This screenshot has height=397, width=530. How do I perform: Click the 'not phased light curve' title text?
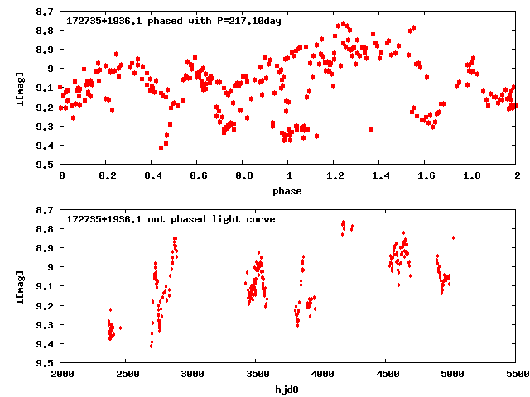coord(171,219)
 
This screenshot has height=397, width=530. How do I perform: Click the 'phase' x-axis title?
coord(289,191)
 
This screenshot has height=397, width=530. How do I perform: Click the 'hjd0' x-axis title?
coord(289,388)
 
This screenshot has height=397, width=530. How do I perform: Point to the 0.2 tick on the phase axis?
coord(107,176)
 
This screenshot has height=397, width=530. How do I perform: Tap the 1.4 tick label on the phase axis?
coord(380,176)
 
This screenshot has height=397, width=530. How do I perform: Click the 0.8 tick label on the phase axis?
coord(243,176)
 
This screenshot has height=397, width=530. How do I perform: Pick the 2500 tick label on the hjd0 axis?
coord(127,375)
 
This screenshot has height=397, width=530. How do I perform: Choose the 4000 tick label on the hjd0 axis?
coord(321,375)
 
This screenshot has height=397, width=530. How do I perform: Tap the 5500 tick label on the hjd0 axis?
coord(516,375)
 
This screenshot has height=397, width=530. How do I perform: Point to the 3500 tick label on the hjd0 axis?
coord(257,375)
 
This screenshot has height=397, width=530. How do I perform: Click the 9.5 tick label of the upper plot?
coord(47,165)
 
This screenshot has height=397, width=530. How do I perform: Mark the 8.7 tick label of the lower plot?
coord(47,210)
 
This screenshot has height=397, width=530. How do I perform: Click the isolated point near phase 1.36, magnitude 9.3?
coord(371,129)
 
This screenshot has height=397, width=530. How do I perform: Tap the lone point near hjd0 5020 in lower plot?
coord(453,237)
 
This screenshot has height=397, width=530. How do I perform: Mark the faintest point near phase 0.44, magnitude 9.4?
coord(161,147)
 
